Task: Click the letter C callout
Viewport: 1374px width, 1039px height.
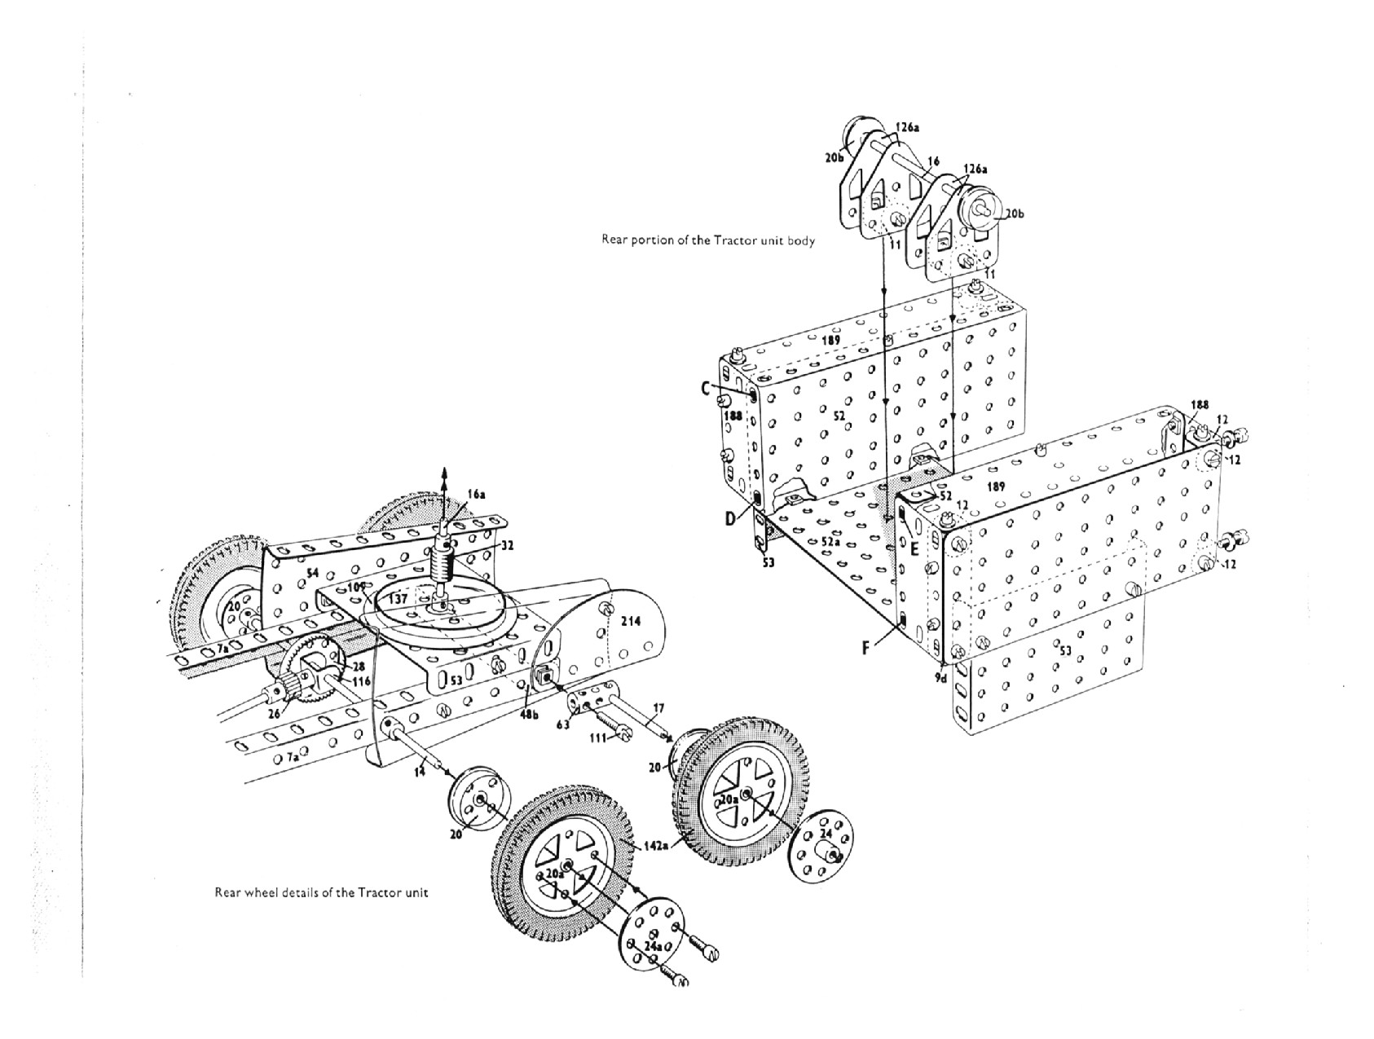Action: coord(706,390)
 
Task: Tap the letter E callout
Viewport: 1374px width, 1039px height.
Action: coord(914,548)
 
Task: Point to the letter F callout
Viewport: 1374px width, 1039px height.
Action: coord(866,649)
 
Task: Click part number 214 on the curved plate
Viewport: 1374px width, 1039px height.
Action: coord(631,621)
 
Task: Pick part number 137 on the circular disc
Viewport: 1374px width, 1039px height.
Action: coord(398,599)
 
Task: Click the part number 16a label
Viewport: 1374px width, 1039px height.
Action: coord(477,495)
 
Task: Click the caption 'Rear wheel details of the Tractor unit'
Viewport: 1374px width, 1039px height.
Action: coord(321,892)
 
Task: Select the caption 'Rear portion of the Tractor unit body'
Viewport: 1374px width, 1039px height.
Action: coord(707,240)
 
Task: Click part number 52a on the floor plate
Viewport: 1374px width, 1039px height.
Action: coord(830,540)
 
